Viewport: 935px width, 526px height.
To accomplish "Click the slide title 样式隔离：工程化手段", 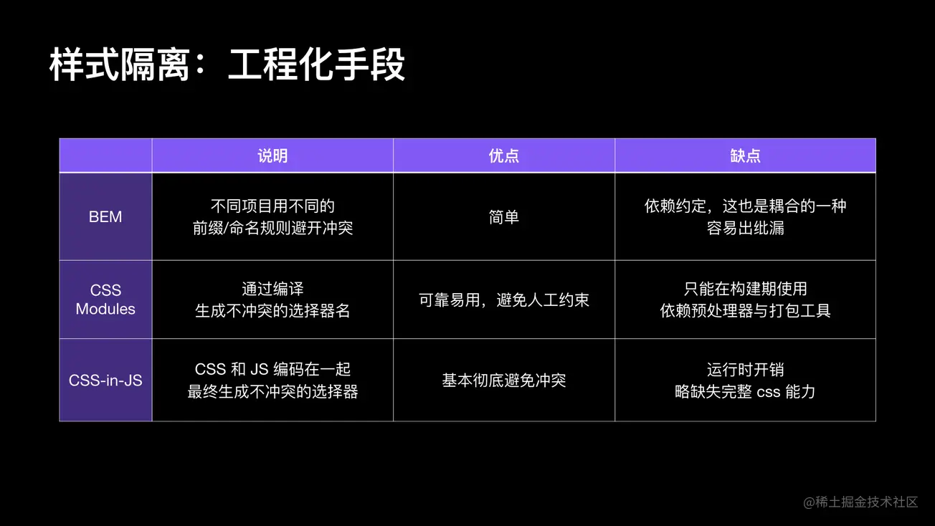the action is point(227,64).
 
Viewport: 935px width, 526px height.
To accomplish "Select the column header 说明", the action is point(272,156).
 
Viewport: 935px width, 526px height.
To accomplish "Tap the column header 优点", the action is point(504,156).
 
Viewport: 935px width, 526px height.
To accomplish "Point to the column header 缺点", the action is point(745,156).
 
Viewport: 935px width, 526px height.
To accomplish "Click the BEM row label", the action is point(105,217).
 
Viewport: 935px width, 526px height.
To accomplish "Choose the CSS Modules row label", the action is point(105,300).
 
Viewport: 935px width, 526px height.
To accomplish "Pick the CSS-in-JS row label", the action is point(105,381).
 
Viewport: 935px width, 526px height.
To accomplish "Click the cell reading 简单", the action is point(504,217).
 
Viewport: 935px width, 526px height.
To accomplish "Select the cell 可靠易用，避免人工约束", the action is point(504,300).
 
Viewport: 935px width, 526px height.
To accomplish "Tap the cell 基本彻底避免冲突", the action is point(504,381).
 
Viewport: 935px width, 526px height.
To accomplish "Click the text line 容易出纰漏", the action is point(745,228).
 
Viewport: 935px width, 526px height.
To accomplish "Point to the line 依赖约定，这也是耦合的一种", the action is point(745,206).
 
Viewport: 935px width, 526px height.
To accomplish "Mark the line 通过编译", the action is point(272,289).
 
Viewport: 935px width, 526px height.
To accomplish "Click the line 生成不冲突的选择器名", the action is point(272,311).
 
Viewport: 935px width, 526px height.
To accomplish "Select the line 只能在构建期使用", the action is point(745,289).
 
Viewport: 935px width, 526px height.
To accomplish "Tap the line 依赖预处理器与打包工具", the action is point(745,311).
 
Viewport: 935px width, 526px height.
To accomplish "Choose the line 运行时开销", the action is point(745,370).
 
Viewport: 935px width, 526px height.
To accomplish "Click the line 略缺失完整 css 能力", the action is point(745,392).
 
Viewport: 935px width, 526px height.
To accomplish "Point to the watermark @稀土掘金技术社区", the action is point(860,502).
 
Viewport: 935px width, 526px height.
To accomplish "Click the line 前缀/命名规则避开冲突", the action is point(272,228).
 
